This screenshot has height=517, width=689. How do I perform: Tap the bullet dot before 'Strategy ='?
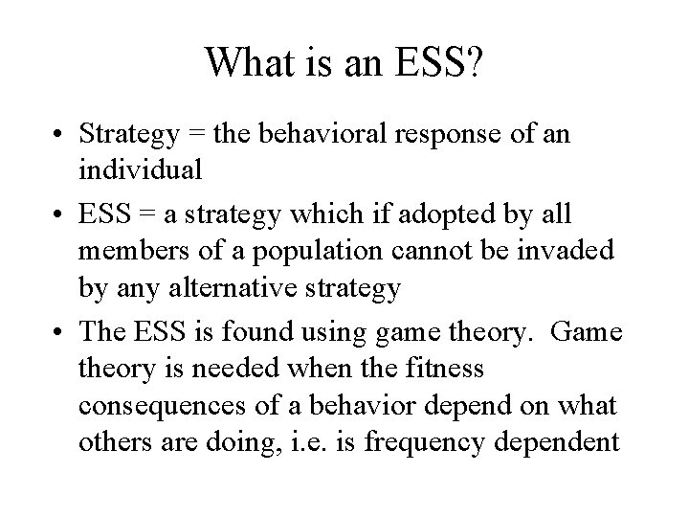pos(67,135)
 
